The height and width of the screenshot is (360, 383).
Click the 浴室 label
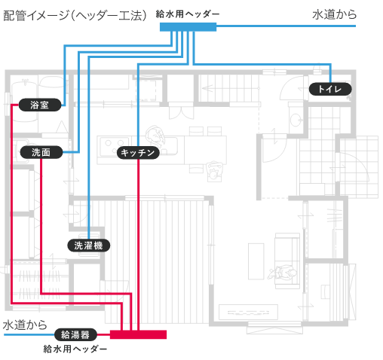click(x=40, y=105)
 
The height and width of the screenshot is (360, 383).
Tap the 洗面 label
click(x=41, y=152)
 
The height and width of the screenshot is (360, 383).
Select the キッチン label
click(x=138, y=152)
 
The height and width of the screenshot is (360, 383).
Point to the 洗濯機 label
click(x=89, y=246)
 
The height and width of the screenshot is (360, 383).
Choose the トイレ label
click(x=330, y=89)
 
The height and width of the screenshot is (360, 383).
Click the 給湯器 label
click(x=75, y=334)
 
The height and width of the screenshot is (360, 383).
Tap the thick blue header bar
click(x=188, y=27)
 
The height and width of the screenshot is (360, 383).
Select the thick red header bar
click(x=138, y=334)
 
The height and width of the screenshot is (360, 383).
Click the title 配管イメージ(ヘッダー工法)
click(x=75, y=16)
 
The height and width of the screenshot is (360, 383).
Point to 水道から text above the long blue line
click(x=335, y=14)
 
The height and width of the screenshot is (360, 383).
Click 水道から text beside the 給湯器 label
click(x=25, y=325)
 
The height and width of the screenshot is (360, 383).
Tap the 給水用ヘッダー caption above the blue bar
click(x=188, y=14)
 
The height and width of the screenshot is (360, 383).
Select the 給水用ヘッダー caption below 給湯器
click(x=75, y=349)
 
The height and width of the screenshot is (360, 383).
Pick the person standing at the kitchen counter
click(x=156, y=136)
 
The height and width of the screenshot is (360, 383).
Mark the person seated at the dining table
click(x=214, y=172)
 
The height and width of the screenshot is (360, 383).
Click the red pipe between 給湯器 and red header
click(x=103, y=334)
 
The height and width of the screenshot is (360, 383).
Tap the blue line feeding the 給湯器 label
click(x=29, y=334)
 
